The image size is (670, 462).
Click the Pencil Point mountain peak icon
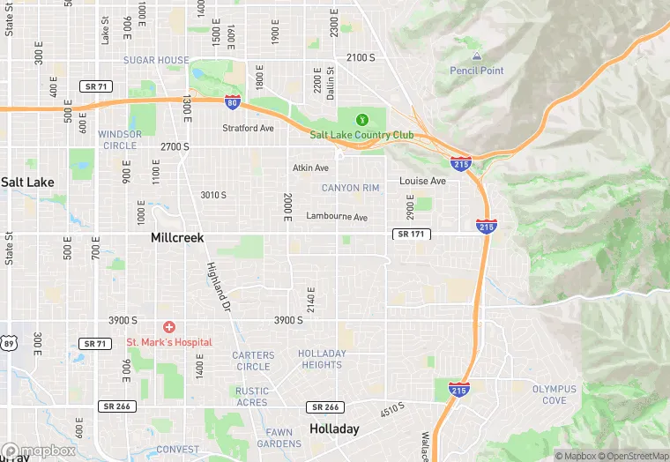click(x=477, y=56)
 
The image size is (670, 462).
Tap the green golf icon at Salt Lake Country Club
click(x=361, y=120)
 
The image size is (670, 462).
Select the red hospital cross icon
click(x=168, y=327)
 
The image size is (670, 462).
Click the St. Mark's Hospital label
click(x=168, y=342)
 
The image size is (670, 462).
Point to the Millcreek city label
click(x=178, y=238)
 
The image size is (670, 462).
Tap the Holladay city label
click(x=334, y=429)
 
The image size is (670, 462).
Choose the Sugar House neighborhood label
click(x=156, y=60)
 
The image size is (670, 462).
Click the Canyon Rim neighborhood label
click(x=350, y=188)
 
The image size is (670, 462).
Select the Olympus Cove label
click(x=555, y=394)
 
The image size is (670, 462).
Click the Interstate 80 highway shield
click(x=233, y=103)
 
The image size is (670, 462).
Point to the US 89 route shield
click(x=7, y=341)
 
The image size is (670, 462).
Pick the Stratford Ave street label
click(x=248, y=128)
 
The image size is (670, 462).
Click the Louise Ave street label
click(x=422, y=181)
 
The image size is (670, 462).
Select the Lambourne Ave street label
click(x=336, y=216)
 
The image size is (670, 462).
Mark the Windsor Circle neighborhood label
click(x=118, y=139)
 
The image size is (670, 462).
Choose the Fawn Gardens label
click(x=279, y=437)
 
